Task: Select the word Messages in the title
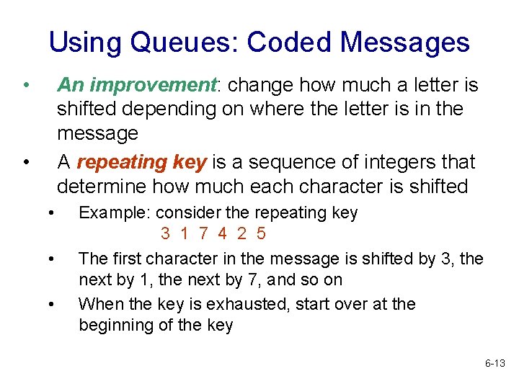tap(405, 43)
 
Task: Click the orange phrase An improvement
tap(137, 86)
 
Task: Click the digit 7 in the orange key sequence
tap(204, 233)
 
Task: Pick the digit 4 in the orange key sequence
tap(223, 233)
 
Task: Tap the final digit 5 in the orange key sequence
tap(261, 233)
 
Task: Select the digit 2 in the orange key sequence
tap(241, 233)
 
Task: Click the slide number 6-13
tap(495, 364)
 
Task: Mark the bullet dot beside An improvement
tap(25, 86)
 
